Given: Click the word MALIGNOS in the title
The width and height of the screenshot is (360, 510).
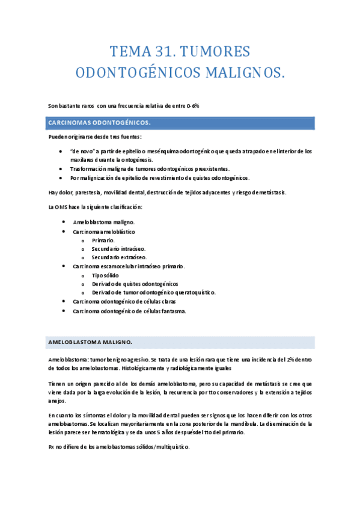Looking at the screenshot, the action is [x=243, y=72].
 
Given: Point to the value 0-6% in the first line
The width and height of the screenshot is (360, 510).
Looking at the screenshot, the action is [x=192, y=105].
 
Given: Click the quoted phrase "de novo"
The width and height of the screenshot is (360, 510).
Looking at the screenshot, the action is [x=81, y=151].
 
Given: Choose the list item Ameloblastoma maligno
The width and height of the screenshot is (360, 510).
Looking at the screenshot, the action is [x=99, y=223].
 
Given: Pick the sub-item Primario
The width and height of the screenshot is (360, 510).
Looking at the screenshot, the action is [x=103, y=240].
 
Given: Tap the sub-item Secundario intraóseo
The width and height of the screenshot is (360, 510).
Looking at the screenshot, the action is [x=118, y=248].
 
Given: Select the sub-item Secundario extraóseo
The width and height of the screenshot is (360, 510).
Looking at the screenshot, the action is [x=119, y=257].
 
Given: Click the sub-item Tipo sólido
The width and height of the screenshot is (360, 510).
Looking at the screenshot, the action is [x=105, y=275].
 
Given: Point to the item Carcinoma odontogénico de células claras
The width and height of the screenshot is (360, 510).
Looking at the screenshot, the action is [x=129, y=301].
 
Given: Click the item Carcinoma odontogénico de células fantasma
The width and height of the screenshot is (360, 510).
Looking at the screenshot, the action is [x=129, y=311].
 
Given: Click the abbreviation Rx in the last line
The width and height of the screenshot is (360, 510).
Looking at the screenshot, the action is [x=51, y=447].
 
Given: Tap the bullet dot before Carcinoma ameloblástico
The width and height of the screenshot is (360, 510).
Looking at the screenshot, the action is [x=64, y=232].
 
